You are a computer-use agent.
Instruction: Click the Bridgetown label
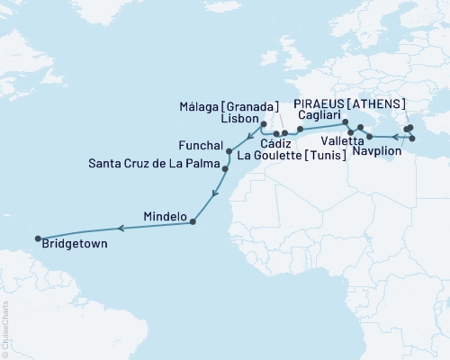click(x=72, y=244)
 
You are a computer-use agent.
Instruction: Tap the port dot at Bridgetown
click(x=38, y=238)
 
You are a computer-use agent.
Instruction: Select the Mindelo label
click(x=165, y=217)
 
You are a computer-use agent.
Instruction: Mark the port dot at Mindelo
click(x=194, y=222)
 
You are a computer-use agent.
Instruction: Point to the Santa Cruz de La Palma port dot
click(x=225, y=168)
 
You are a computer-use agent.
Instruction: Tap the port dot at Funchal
click(x=229, y=151)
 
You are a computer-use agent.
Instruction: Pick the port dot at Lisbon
click(x=264, y=125)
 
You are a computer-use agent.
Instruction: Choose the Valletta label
click(x=342, y=141)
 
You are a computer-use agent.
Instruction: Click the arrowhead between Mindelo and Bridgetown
click(x=122, y=228)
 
